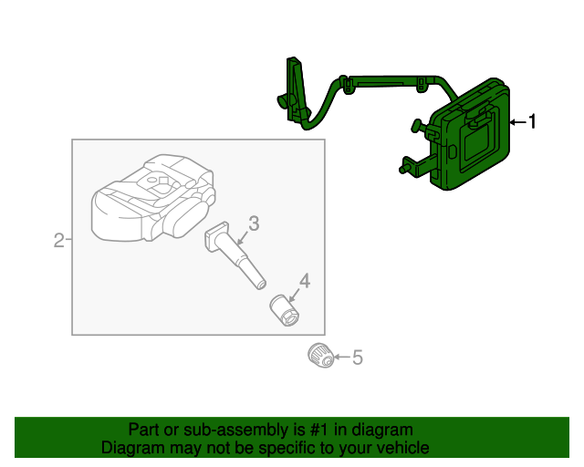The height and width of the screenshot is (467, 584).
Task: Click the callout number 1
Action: click(x=534, y=121)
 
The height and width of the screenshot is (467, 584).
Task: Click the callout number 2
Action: click(x=58, y=240)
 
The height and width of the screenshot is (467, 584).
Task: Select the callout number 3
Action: click(x=253, y=222)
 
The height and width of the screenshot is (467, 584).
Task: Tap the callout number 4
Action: click(x=304, y=281)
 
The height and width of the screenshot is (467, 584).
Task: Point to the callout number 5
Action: click(x=357, y=358)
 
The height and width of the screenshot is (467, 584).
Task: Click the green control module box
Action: click(x=473, y=141)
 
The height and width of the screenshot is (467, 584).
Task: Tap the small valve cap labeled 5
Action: click(x=319, y=354)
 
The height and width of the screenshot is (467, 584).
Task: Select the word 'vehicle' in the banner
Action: click(x=400, y=448)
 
